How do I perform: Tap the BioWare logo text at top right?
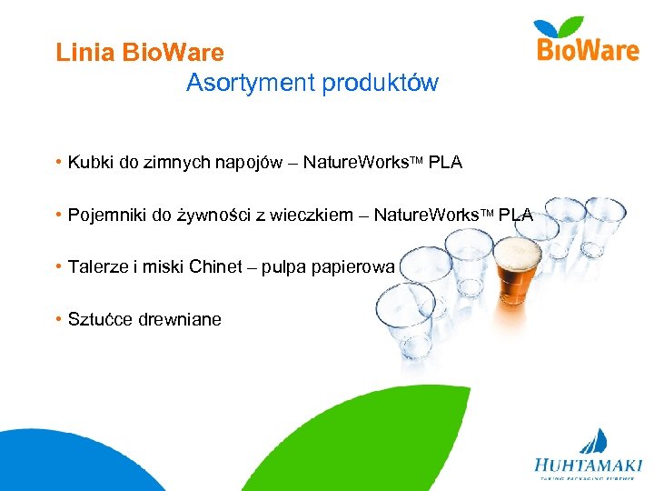[x=588, y=50]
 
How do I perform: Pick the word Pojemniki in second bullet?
[x=105, y=215]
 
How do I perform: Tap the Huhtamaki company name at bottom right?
[x=588, y=464]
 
